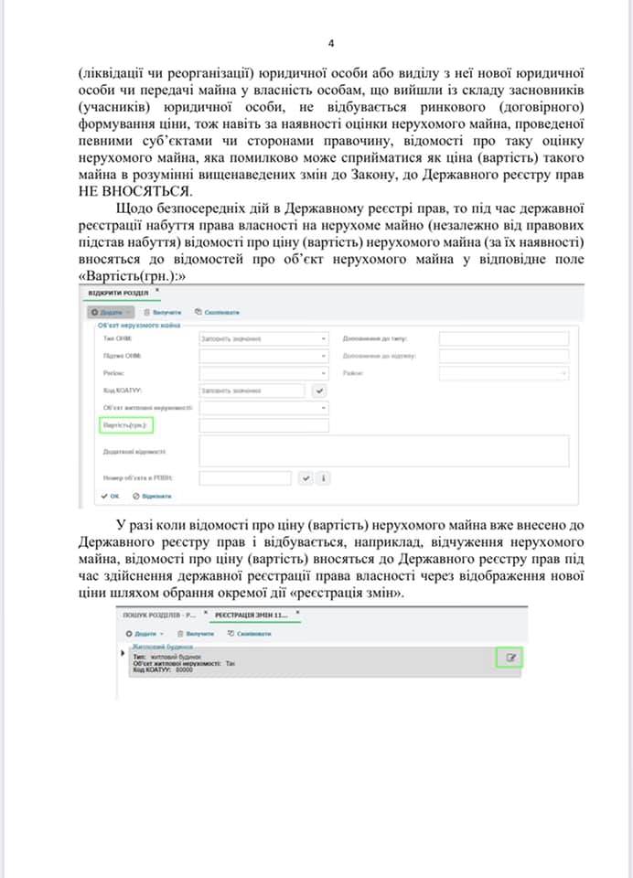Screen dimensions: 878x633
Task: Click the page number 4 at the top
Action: pos(331,43)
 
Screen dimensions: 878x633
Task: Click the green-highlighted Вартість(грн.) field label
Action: pos(123,425)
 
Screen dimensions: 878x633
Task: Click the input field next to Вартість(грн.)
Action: pos(263,425)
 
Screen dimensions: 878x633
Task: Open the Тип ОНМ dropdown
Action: pos(263,338)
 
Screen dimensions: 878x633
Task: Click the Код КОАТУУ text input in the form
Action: pos(252,391)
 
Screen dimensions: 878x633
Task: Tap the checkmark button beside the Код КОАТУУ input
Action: pos(319,391)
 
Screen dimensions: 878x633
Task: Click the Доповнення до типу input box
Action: pos(503,338)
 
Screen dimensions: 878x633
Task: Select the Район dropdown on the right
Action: pos(503,373)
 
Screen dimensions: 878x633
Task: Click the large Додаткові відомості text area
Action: pos(384,451)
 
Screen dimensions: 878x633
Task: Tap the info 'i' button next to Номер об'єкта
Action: pos(323,477)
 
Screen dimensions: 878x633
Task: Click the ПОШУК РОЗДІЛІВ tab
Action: pos(159,615)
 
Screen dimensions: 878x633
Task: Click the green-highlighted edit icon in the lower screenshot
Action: pos(510,658)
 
